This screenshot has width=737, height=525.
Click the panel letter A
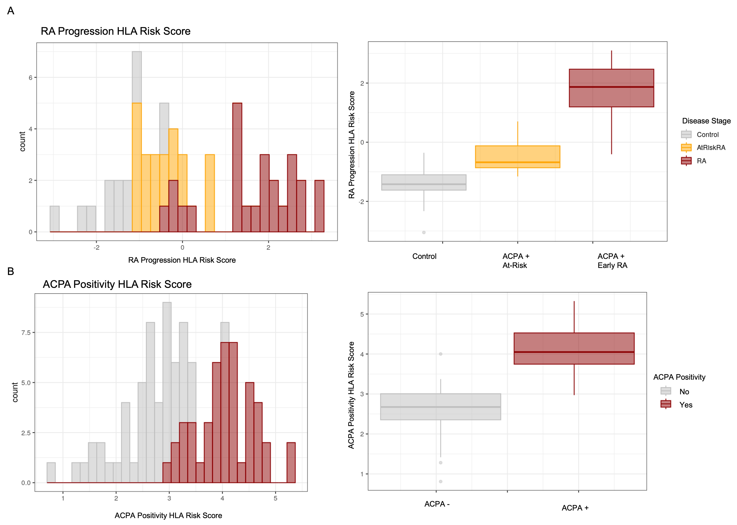click(x=11, y=11)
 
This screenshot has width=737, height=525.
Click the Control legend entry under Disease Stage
click(x=707, y=134)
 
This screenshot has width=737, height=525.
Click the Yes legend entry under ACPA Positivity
click(x=686, y=405)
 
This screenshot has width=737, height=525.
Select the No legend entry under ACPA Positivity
click(x=684, y=392)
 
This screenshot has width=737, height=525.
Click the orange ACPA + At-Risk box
click(x=517, y=157)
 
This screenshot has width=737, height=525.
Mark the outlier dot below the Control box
click(x=424, y=232)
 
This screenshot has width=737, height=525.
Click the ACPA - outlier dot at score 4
click(x=441, y=354)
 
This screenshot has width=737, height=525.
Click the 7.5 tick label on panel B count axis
click(x=26, y=333)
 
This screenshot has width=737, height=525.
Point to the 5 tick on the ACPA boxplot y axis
click(x=362, y=314)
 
